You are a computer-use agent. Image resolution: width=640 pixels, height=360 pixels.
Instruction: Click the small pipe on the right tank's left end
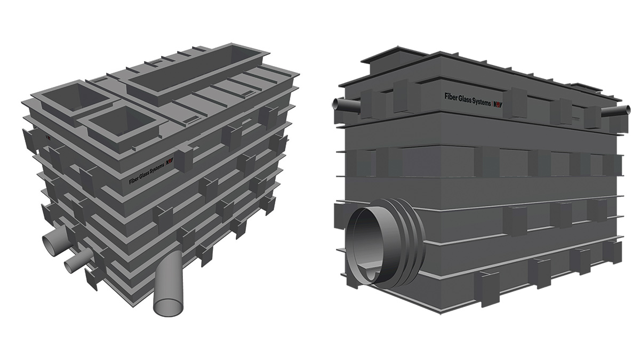click(346, 105)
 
